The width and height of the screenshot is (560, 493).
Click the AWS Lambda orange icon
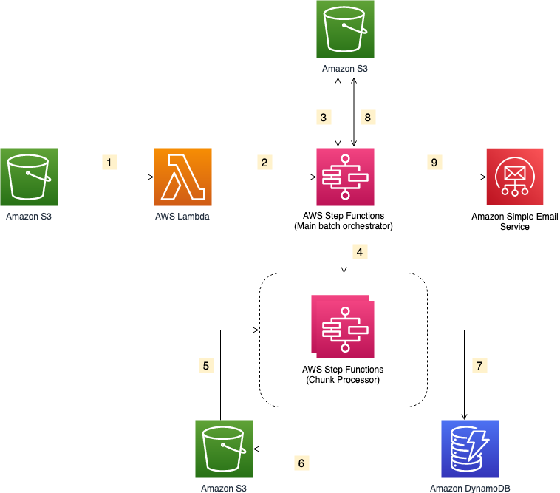[x=183, y=177]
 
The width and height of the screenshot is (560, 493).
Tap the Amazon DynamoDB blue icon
[x=470, y=449]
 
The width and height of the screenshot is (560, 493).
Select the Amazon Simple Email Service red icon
[x=516, y=177]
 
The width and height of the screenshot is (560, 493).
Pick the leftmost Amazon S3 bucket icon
[x=29, y=177]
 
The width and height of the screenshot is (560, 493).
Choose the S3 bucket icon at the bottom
[x=224, y=449]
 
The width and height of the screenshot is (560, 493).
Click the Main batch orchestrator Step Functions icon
[x=345, y=177]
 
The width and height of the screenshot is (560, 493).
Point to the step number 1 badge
[x=110, y=160]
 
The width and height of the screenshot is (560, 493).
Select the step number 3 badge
[x=323, y=117]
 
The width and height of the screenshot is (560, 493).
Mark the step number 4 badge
[x=360, y=251]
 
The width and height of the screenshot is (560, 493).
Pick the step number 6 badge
[x=300, y=463]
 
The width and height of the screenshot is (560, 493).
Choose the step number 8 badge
[x=367, y=117]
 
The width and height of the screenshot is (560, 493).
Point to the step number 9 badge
[x=434, y=160]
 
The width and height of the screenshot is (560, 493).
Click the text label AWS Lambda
[x=183, y=216]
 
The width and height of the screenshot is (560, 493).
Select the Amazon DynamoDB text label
[x=470, y=488]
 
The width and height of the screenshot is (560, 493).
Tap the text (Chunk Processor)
[x=344, y=380]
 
